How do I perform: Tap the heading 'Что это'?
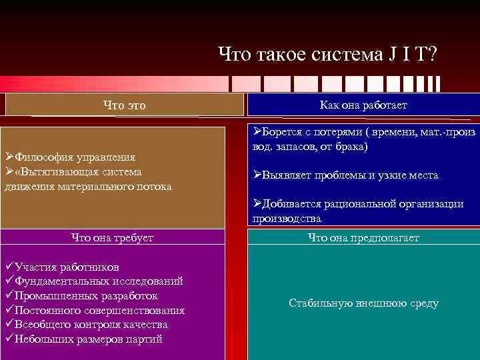point(124,105)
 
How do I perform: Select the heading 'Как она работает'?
point(363,105)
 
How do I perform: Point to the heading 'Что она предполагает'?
point(363,237)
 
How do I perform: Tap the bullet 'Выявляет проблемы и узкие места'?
point(351,175)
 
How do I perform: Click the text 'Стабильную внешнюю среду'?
point(363,303)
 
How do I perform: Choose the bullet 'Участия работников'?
point(67,267)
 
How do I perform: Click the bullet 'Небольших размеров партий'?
point(88,339)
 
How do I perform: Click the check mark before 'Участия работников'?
point(9,267)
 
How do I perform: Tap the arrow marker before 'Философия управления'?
point(9,157)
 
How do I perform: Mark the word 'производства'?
point(287,219)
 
